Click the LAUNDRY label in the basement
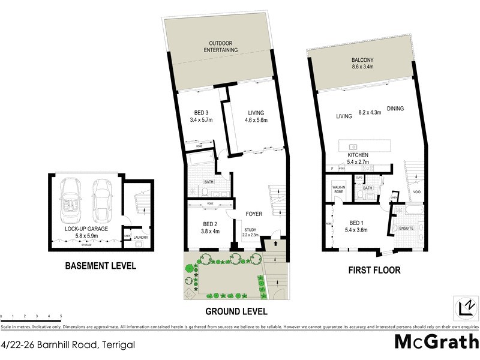(x=140, y=238)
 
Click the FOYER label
(x=254, y=214)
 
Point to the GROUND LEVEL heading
(x=236, y=311)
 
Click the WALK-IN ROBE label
(x=340, y=190)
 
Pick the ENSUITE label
(x=407, y=228)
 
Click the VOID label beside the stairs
(x=416, y=192)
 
